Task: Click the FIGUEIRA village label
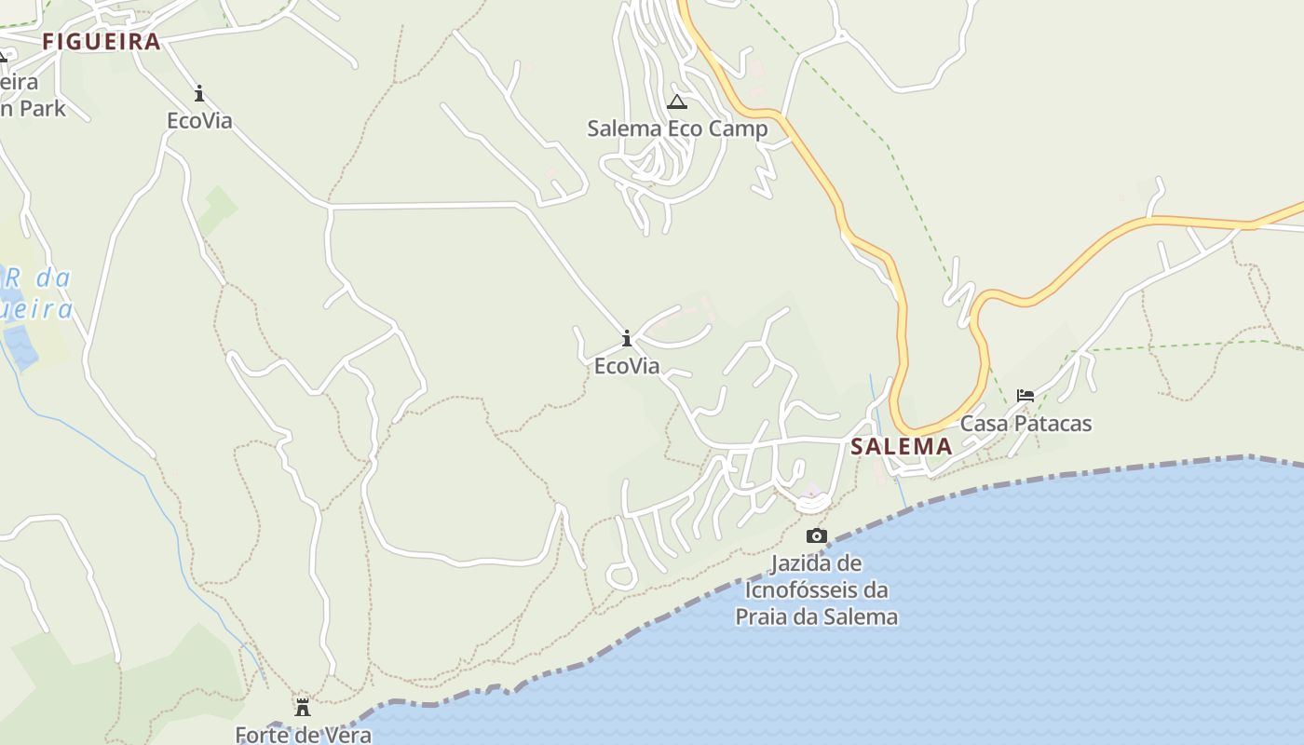pos(102,42)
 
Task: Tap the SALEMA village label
pos(902,446)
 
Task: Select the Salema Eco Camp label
pos(677,129)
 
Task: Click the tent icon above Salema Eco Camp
pos(677,102)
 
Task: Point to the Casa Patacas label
pos(1026,423)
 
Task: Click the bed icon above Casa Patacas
pos(1026,396)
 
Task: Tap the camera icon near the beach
pos(817,535)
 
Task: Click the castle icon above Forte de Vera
pos(303,708)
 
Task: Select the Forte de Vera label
pos(303,735)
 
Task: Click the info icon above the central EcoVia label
pos(627,338)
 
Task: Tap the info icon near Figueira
pos(199,93)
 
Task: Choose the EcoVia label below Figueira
pos(199,121)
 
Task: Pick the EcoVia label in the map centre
pos(627,366)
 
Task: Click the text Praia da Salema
pos(817,616)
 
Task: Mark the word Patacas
pos(1053,423)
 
